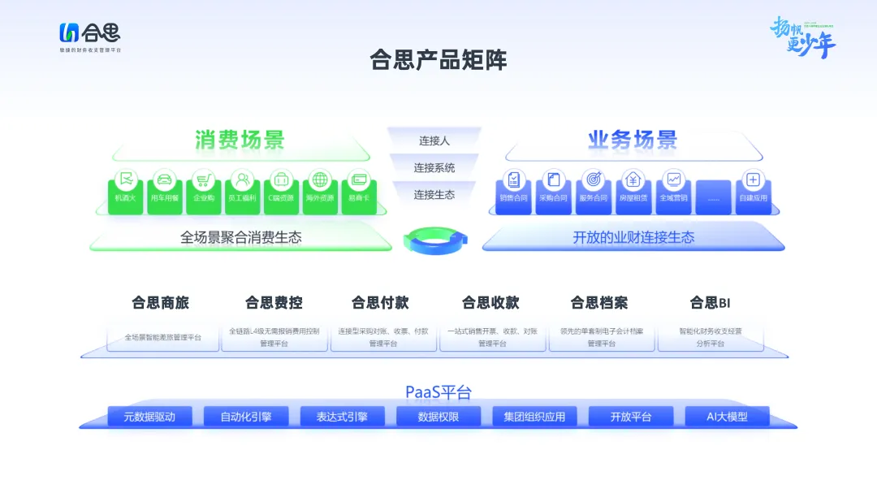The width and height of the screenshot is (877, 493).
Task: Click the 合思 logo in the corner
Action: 89,34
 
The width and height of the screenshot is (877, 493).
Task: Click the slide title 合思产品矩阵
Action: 438,60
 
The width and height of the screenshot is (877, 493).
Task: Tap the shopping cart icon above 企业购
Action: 203,179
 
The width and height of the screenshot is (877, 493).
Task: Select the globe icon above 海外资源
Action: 320,179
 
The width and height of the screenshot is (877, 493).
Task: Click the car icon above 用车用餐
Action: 165,179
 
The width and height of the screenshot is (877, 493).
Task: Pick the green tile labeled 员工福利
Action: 242,191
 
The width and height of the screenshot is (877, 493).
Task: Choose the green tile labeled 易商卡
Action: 358,191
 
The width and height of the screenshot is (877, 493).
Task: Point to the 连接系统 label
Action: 434,168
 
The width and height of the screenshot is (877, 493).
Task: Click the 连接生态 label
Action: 434,195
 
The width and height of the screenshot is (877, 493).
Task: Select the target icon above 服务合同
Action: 593,179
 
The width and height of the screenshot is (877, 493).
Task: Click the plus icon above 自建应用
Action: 753,179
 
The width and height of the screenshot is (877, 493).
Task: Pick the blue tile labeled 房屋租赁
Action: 633,191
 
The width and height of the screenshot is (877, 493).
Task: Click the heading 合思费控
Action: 274,303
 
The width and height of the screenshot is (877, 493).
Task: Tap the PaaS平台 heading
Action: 438,392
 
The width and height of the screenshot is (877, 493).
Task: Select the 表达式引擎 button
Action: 342,417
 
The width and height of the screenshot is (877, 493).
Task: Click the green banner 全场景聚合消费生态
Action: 240,238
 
